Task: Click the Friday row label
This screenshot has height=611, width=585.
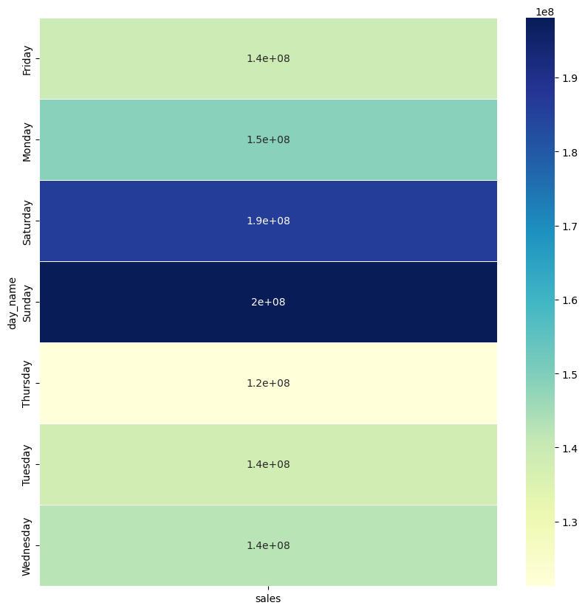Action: (x=27, y=59)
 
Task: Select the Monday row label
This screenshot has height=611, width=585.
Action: (x=27, y=140)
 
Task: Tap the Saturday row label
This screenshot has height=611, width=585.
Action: (x=27, y=221)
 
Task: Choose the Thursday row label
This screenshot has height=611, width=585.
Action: (x=27, y=384)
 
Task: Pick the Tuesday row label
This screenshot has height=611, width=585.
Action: (x=27, y=465)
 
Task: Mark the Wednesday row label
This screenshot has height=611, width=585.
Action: (x=27, y=546)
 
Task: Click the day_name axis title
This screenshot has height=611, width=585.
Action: (x=13, y=303)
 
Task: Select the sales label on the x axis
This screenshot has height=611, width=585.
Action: (x=268, y=598)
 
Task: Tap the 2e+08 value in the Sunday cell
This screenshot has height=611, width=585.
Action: (x=268, y=303)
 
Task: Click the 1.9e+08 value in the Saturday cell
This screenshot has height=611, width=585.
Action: (x=268, y=221)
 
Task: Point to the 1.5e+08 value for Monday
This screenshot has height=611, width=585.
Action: (x=268, y=140)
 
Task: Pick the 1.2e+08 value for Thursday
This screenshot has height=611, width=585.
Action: (x=268, y=384)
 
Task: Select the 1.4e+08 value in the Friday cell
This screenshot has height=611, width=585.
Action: (x=268, y=59)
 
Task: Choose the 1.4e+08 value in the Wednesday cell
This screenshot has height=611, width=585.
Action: (x=268, y=546)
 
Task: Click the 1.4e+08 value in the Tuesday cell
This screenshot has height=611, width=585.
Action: (x=268, y=465)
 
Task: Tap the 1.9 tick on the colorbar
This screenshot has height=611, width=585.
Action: (x=569, y=79)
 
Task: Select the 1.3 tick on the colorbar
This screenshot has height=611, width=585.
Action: (x=569, y=522)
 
